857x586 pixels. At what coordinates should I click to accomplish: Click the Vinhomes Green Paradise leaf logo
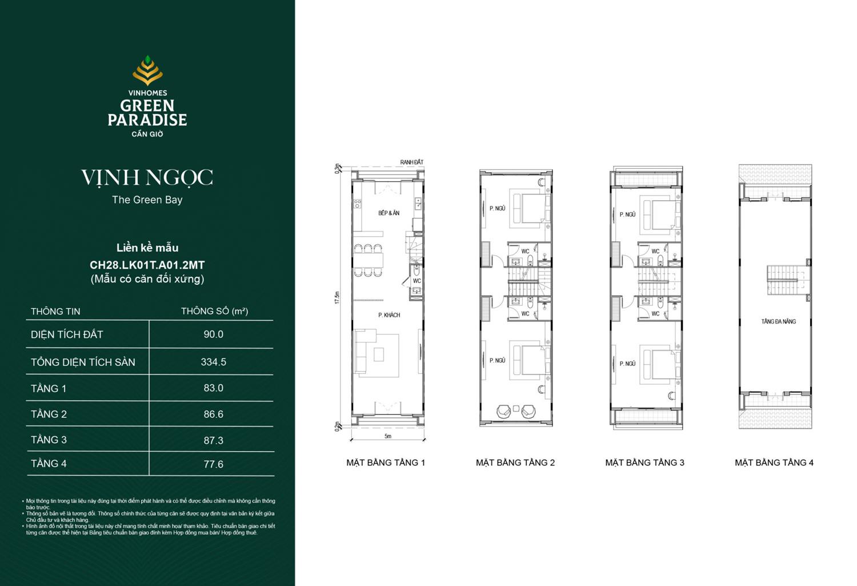[x=147, y=70]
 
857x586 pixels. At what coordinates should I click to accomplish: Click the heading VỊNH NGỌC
[x=147, y=178]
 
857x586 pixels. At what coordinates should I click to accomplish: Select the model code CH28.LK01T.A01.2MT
[x=147, y=265]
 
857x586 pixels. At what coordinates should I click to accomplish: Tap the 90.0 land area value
[x=213, y=334]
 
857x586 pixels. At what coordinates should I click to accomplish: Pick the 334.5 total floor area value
[x=213, y=362]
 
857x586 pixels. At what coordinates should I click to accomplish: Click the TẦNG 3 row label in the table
[x=49, y=440]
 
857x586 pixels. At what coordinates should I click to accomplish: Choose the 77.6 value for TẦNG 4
[x=213, y=464]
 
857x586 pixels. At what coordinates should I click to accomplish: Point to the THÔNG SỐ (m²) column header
[x=214, y=311]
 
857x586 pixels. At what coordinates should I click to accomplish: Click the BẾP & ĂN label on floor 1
[x=389, y=213]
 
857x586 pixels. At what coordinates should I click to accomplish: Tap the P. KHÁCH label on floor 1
[x=389, y=315]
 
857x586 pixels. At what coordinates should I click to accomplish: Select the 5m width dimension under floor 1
[x=388, y=437]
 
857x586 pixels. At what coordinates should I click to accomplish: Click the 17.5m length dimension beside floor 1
[x=338, y=297]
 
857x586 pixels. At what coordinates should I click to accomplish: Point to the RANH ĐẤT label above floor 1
[x=411, y=162]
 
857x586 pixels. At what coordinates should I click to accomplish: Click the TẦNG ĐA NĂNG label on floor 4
[x=778, y=321]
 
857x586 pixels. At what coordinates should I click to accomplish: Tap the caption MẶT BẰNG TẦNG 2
[x=515, y=463]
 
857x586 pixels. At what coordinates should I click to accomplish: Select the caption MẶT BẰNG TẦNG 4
[x=774, y=463]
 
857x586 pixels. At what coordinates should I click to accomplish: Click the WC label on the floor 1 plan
[x=417, y=281]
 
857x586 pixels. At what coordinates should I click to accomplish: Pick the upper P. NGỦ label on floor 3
[x=627, y=214]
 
